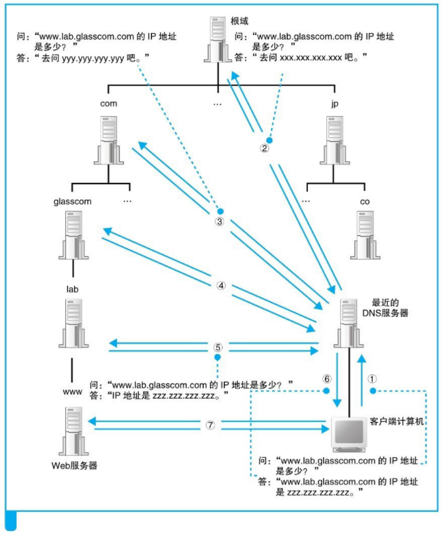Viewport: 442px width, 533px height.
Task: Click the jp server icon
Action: (337, 139)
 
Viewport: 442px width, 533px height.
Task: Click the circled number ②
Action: (264, 148)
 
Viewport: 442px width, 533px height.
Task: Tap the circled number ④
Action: (221, 286)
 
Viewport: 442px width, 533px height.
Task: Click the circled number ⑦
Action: (211, 426)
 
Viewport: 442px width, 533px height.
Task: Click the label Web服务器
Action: (74, 466)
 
